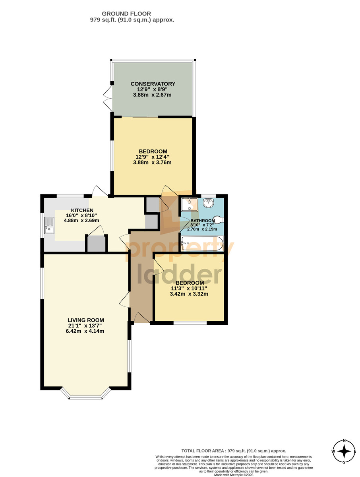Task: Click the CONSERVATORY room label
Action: coord(153,83)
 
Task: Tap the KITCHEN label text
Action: coord(82,210)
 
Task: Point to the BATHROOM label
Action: coord(203,221)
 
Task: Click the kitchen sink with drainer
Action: coord(49,225)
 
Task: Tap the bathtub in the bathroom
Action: coord(202,243)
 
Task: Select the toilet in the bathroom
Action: coord(218,219)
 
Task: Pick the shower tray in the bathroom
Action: coord(190,204)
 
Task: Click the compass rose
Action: coord(344,451)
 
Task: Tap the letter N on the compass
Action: coord(344,440)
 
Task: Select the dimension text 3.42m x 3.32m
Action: coord(189,294)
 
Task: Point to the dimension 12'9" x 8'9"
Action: coord(153,89)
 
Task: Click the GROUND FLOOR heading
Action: coord(126,14)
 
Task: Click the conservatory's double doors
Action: coord(108,98)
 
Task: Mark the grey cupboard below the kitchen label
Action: coord(96,244)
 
